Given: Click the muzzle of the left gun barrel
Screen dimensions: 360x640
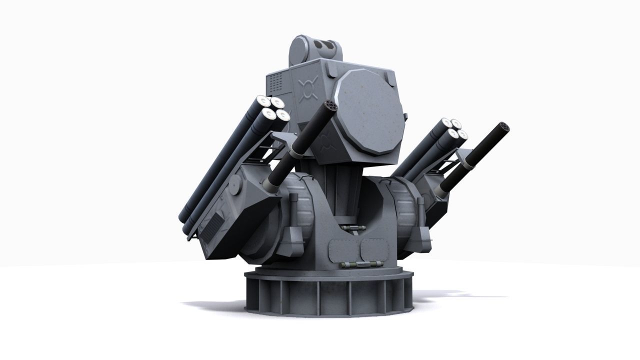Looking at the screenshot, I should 330,106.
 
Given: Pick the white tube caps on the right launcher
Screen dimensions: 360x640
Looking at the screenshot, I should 454,128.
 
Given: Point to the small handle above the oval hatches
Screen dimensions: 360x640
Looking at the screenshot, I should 352,228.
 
